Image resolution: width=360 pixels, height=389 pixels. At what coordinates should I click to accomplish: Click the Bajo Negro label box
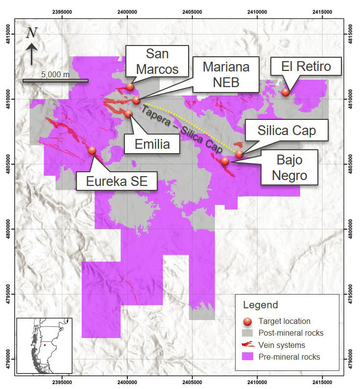289,167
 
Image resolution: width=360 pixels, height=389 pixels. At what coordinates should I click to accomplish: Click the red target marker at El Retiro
286,92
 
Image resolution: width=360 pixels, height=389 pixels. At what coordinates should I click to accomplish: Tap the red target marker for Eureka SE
92,150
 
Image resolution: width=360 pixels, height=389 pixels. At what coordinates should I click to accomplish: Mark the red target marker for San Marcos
130,87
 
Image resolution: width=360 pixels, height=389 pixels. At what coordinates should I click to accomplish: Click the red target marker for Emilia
128,114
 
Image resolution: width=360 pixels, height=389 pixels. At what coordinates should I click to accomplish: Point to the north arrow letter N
32,33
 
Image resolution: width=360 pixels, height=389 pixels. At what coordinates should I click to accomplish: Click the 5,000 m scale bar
55,80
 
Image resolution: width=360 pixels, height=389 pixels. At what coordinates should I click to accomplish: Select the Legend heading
261,305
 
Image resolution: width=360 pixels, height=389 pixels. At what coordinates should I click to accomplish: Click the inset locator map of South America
45,345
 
